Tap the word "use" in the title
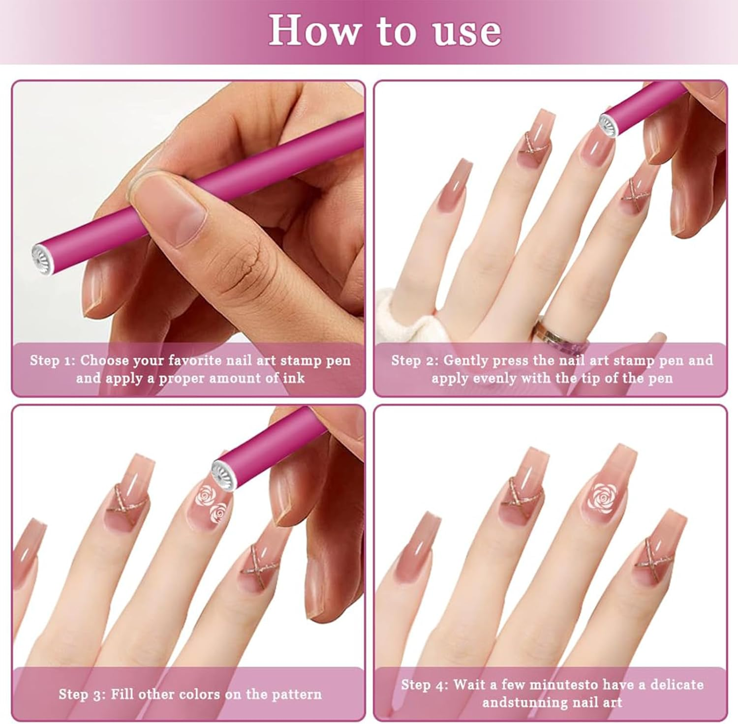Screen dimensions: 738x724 (467, 32)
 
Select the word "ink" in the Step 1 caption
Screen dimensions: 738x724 (294, 378)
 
